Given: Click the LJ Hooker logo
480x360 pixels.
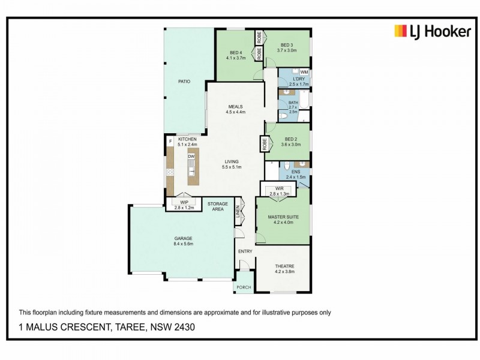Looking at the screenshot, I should [432, 31].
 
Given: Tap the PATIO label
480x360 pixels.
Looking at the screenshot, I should [184, 81].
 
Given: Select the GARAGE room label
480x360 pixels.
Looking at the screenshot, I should [183, 238].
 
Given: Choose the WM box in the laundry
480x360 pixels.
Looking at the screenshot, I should [304, 72].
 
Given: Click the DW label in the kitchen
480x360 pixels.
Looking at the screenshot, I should [191, 157].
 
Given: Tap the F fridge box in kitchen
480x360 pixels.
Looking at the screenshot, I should [170, 142].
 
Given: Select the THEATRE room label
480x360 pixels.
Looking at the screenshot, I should [284, 266].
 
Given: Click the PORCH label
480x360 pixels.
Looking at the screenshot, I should [244, 287].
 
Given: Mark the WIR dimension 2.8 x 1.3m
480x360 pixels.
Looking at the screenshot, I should [280, 194].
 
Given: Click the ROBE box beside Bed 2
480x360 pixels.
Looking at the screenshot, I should [264, 145].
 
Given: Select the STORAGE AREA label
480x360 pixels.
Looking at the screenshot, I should [218, 207].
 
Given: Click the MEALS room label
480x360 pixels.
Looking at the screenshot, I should [235, 107].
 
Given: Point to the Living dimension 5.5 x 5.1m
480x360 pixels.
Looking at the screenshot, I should [232, 167].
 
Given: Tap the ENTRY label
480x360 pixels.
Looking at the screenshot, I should [245, 251].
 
